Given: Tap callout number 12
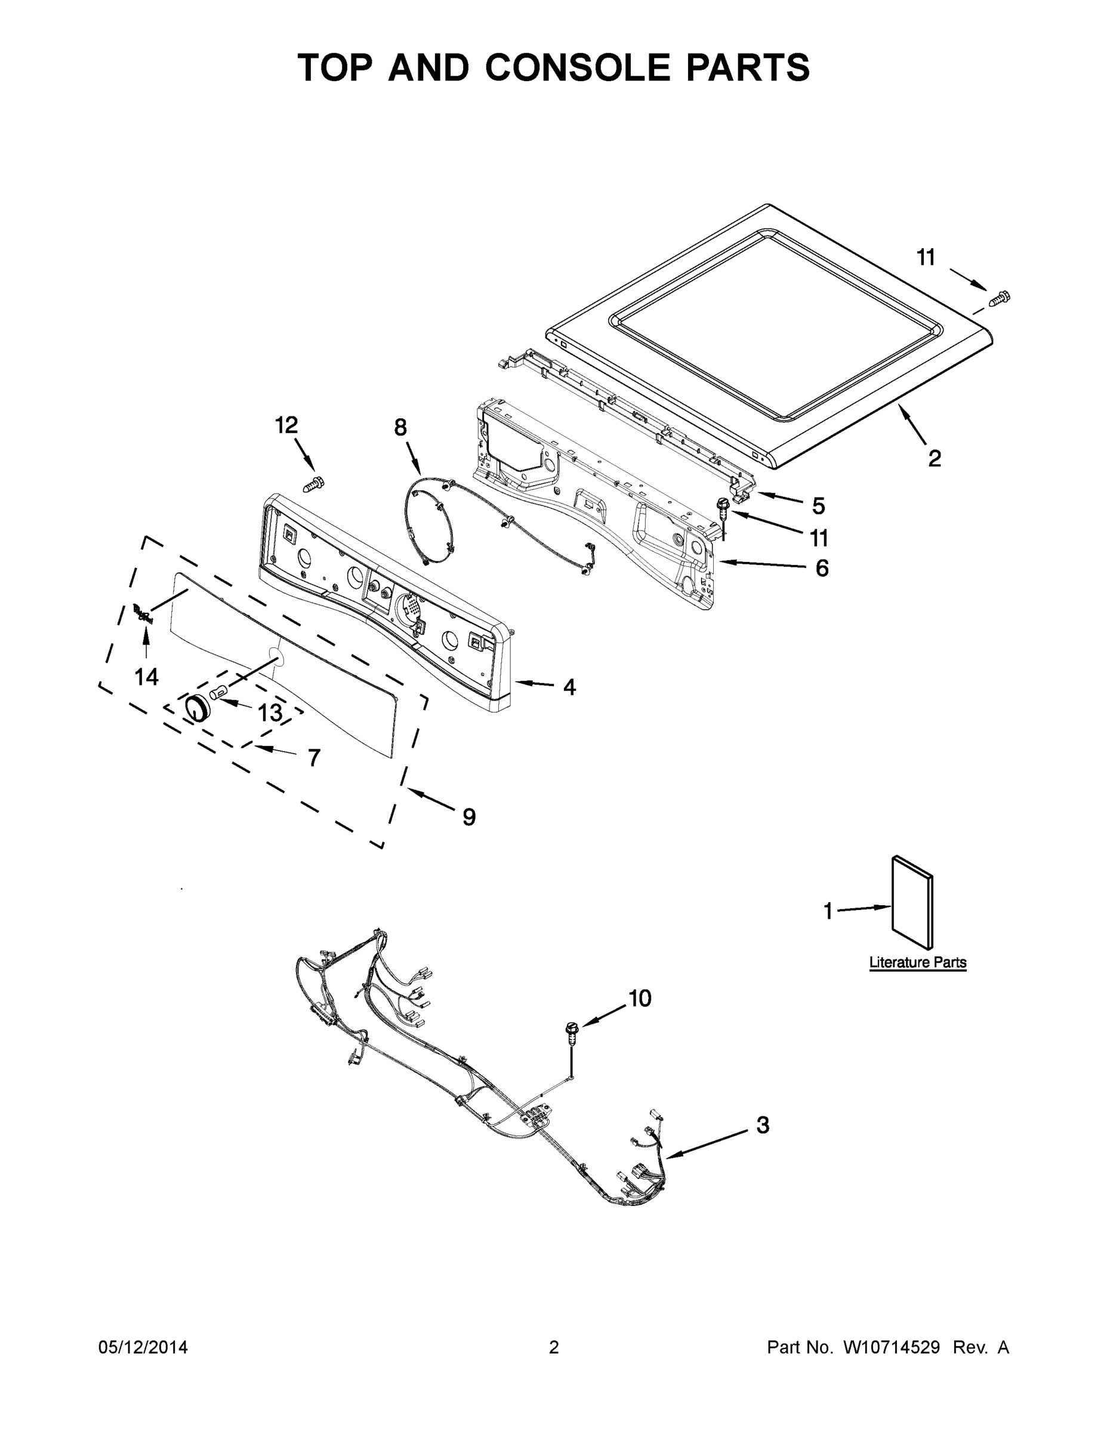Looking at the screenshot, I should point(286,425).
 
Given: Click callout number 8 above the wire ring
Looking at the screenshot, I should point(400,427).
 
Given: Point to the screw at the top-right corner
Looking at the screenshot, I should point(1000,298).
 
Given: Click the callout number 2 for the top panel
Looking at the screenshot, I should point(935,457).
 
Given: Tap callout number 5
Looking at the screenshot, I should point(818,505).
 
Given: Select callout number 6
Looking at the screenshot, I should point(822,568).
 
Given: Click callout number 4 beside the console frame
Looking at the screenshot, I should point(569,687).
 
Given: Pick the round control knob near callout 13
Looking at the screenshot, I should point(195,709).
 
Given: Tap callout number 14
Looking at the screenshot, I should point(146,676).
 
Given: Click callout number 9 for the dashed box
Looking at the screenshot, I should point(469,816).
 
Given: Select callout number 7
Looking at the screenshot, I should point(314,757).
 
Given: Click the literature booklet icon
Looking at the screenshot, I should point(912,903).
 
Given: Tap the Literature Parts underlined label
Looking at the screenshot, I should point(917,962).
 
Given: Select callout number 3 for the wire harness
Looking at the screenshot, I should point(763,1125).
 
